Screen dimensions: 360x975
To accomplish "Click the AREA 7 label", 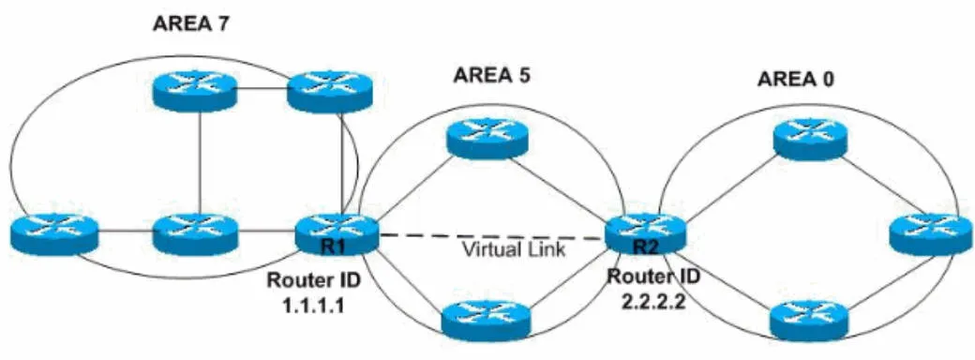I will [x=193, y=24].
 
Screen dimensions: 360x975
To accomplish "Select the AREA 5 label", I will [x=492, y=76].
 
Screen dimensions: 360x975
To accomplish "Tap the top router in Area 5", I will [x=487, y=139].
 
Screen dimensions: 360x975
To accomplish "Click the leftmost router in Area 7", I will [x=55, y=232].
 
